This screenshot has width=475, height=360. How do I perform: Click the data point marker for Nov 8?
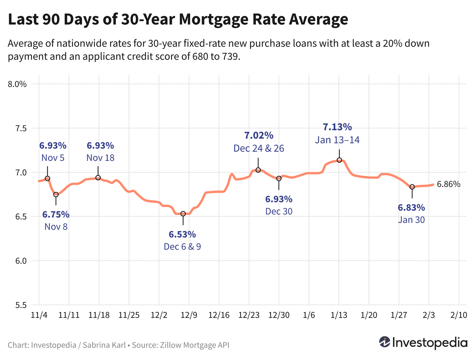tap(56, 194)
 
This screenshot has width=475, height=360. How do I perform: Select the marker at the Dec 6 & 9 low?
tap(183, 214)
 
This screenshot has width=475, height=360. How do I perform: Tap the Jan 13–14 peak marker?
tap(339, 160)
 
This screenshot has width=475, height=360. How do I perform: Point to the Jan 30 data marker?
tap(412, 187)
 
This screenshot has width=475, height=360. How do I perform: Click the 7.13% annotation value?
tap(337, 127)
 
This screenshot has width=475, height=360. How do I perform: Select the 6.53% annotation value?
tap(182, 235)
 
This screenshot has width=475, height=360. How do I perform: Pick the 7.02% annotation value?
tap(259, 136)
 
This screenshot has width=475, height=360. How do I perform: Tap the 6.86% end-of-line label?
tap(448, 184)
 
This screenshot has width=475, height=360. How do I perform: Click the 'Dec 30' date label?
tap(279, 211)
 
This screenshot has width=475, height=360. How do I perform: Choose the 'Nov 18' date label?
tap(100, 158)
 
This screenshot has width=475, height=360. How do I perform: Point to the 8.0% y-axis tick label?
tap(18, 84)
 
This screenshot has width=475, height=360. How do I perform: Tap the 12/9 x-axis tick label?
tap(189, 315)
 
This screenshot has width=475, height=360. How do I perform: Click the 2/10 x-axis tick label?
tap(459, 315)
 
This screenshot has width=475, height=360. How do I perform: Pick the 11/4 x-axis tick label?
tap(39, 315)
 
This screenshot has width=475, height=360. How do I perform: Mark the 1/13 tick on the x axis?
tap(339, 315)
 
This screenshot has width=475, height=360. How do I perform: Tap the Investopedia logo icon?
tap(385, 342)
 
